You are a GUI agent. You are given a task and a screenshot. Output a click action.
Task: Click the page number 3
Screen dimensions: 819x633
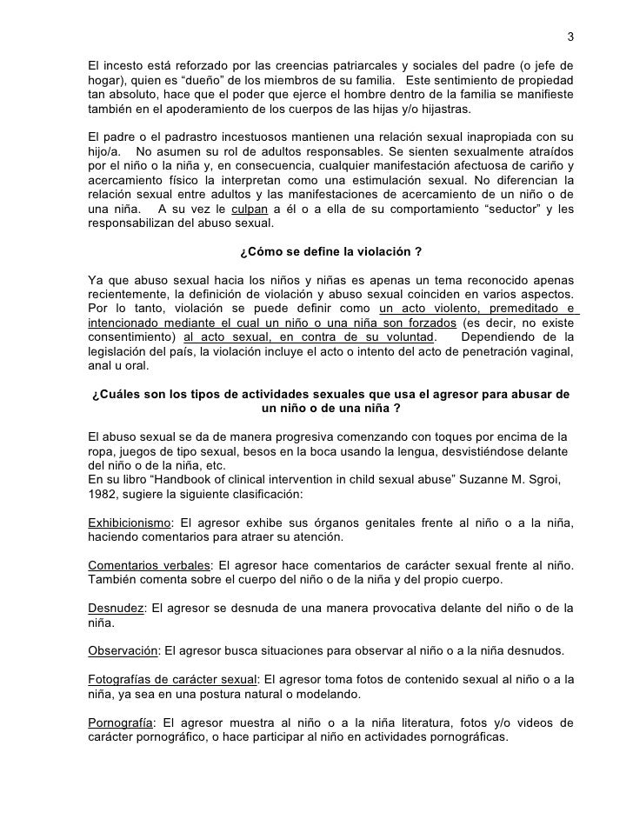click(570, 37)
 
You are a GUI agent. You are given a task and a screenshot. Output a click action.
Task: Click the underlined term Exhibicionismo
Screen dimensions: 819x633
click(129, 522)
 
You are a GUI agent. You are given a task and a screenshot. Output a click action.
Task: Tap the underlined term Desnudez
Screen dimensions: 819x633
click(117, 607)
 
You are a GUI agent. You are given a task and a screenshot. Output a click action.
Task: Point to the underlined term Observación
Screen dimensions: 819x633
click(123, 649)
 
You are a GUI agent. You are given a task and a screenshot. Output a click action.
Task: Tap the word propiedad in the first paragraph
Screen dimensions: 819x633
click(543, 81)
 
